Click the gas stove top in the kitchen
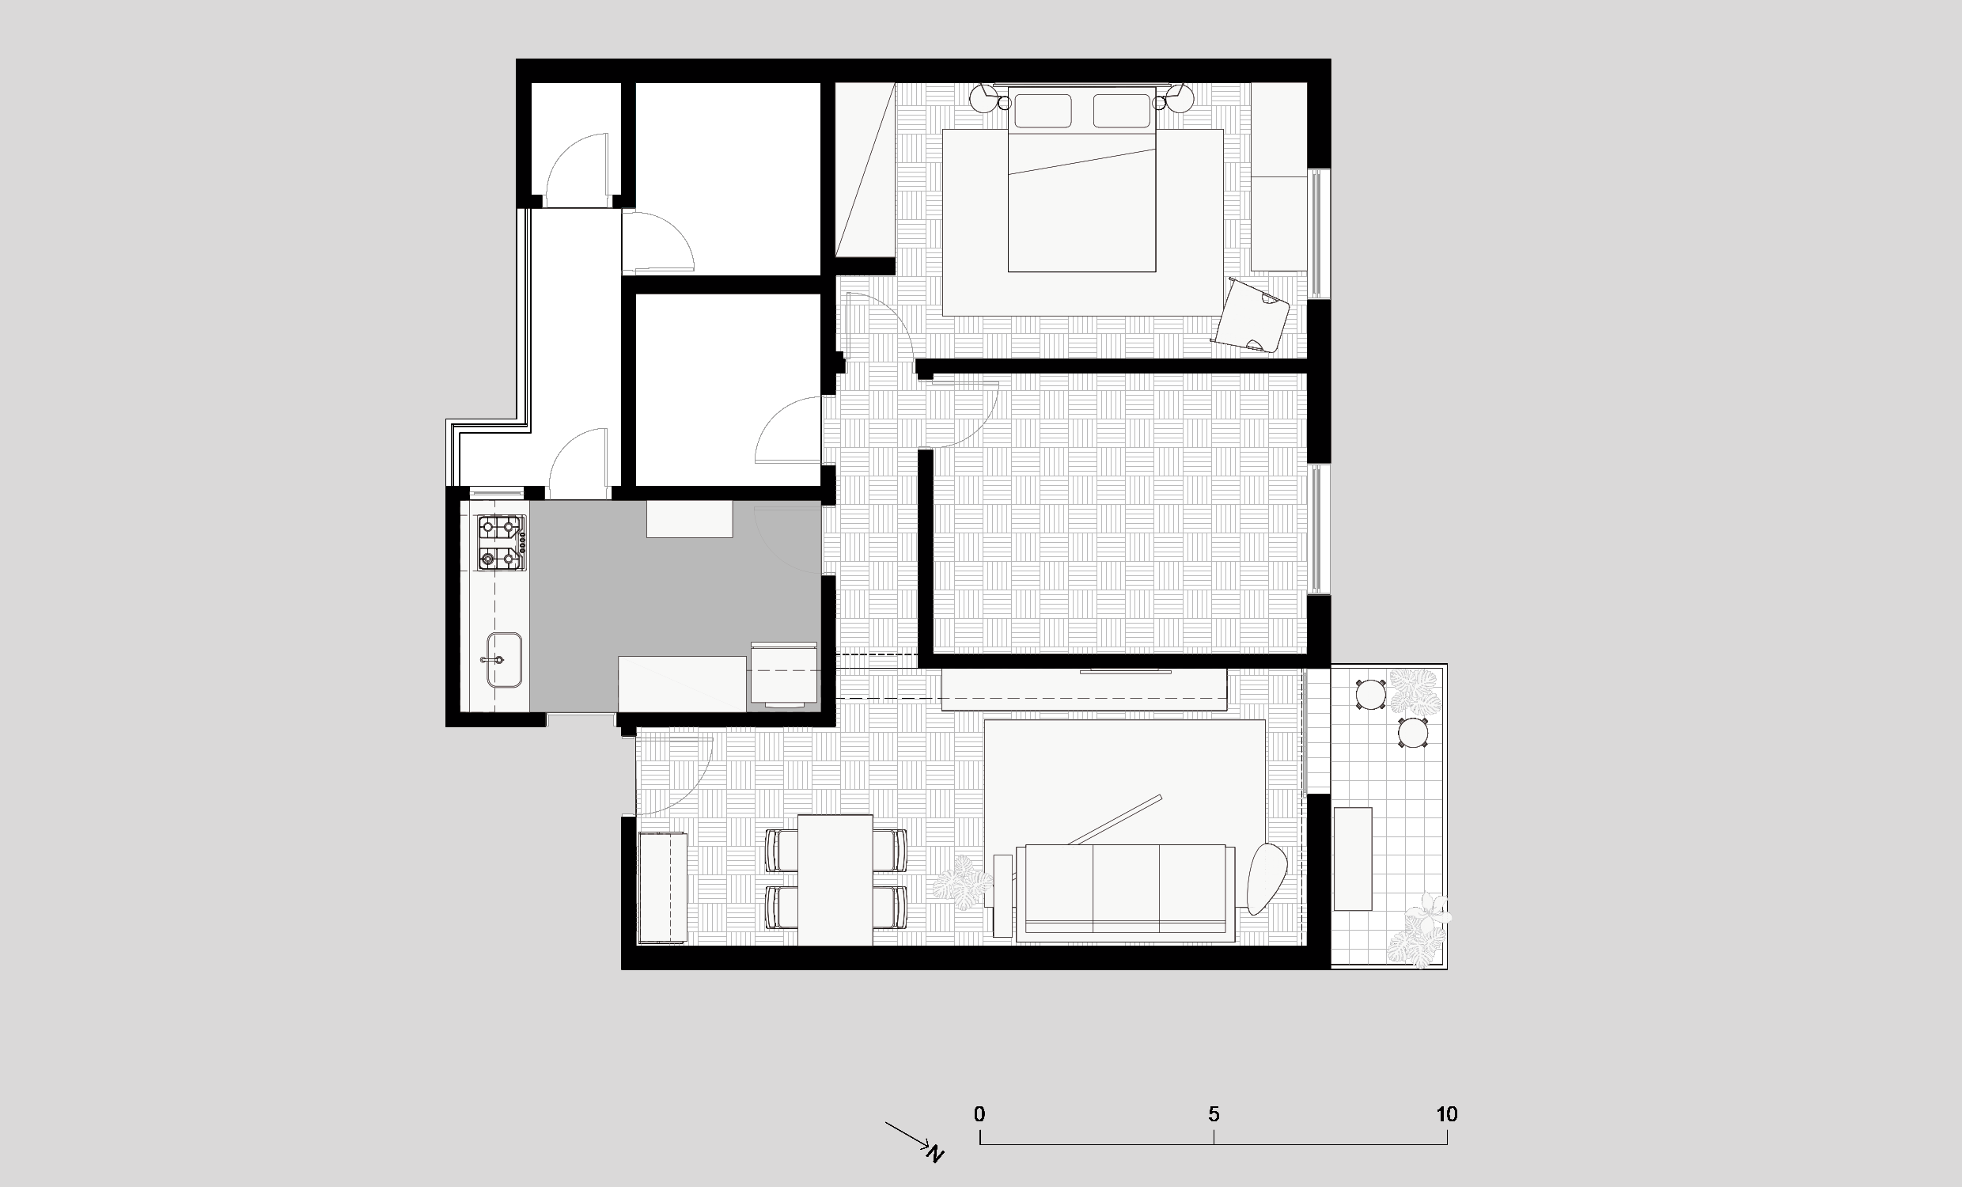[502, 544]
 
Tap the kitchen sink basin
[504, 660]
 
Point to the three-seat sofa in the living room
[1126, 889]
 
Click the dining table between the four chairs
[835, 879]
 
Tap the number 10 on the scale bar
[1447, 1113]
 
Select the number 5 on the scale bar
[1214, 1113]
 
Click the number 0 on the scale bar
[979, 1113]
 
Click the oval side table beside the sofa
[1267, 878]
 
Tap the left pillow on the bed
[1043, 111]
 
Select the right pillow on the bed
[1121, 111]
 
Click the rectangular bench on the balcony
[1353, 859]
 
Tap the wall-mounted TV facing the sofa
[1125, 672]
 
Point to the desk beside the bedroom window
[1279, 176]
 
